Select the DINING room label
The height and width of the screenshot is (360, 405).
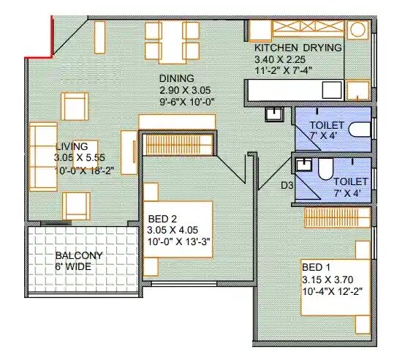coord(177,78)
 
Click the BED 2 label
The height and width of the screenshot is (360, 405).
coord(163,218)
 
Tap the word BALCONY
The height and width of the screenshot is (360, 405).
coord(79,255)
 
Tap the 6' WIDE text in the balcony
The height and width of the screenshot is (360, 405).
coord(75,267)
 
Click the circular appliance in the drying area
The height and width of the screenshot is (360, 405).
coord(357,30)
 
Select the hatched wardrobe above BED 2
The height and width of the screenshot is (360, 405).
coord(178,145)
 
